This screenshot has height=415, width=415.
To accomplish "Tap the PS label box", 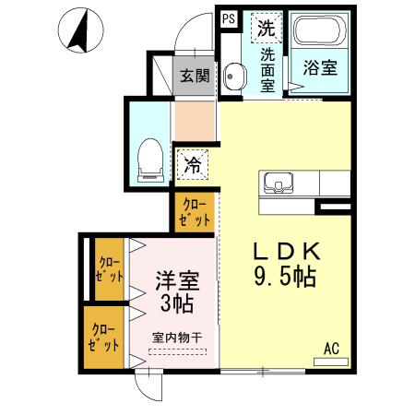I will [228, 18].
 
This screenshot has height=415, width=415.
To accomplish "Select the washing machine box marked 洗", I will [267, 28].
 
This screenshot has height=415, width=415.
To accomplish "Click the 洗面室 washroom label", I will [267, 69].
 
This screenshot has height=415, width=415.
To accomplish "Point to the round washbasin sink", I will [234, 77].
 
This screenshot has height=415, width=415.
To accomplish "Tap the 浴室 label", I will [318, 67].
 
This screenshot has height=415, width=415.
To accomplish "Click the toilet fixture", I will [148, 160].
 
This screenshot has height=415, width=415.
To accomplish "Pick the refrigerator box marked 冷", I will [194, 167].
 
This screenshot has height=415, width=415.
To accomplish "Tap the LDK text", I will [286, 250].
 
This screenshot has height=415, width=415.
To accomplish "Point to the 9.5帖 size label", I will [286, 276].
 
